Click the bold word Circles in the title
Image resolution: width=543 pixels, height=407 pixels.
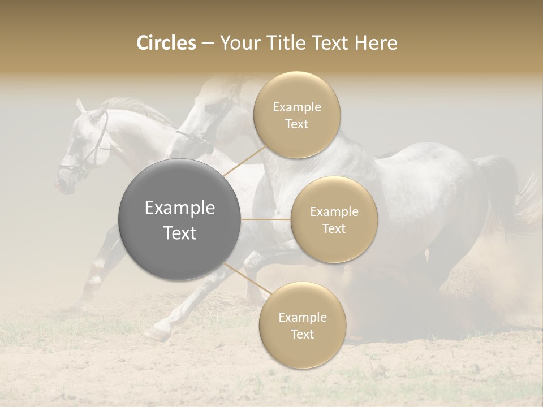click(x=166, y=43)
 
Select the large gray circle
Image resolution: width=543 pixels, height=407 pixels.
click(x=180, y=219)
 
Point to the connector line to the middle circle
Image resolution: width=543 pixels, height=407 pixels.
click(x=266, y=219)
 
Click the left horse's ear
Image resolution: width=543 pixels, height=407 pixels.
click(x=80, y=106)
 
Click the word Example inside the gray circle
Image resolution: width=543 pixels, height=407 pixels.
click(x=180, y=208)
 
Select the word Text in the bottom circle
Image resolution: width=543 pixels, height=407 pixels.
click(x=302, y=334)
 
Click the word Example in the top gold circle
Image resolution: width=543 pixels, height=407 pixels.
click(x=296, y=107)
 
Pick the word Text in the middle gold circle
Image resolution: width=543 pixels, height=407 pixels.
click(x=334, y=228)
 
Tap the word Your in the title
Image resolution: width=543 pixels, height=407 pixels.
click(x=239, y=43)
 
